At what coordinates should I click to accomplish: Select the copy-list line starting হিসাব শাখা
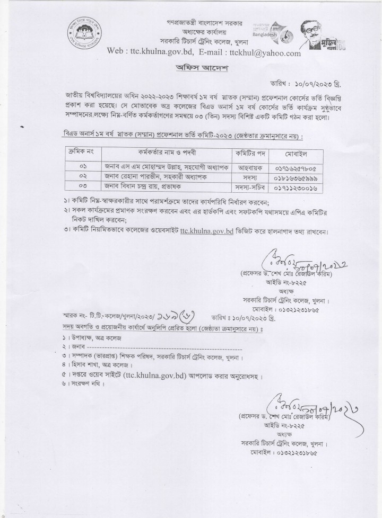coord(91,364)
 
